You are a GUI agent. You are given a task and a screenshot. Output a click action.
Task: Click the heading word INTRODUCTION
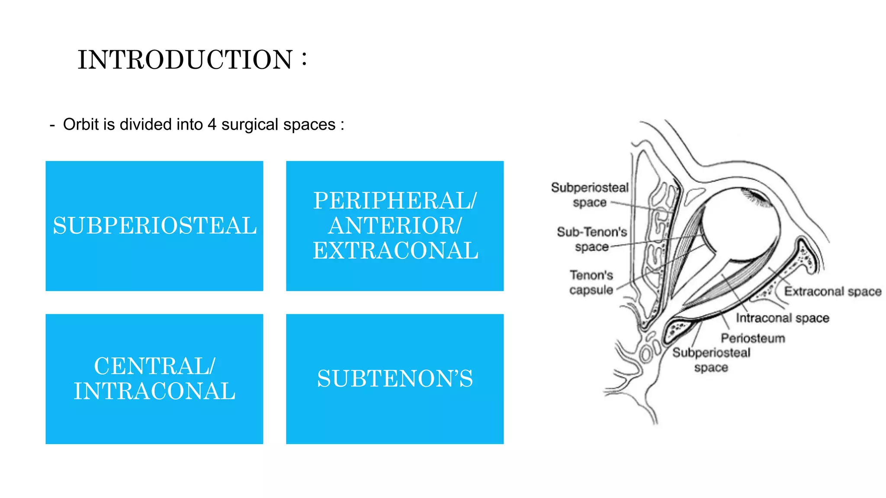coord(185,60)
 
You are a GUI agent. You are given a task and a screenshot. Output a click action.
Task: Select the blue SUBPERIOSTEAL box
coord(154,226)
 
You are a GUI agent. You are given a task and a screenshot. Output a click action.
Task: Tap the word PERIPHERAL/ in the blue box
coord(395,201)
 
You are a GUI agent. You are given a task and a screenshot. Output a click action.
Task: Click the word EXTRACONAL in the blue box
coord(395,251)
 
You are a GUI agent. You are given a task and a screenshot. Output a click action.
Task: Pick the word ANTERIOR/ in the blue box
coord(395,226)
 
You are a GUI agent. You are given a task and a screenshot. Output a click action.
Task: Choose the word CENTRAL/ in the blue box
coord(154,366)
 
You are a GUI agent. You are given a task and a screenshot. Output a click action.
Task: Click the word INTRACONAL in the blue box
coord(154,391)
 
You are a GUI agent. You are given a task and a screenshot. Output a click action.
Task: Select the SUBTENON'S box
coord(395,379)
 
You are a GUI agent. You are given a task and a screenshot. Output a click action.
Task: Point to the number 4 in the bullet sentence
coord(212,124)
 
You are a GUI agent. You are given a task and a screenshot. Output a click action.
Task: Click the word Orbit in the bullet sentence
coord(81,124)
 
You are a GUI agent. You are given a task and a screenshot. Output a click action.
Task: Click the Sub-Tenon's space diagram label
coord(591,239)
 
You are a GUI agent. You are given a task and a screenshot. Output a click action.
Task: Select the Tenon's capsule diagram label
coord(591,282)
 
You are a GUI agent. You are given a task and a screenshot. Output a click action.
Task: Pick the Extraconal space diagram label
coord(833,291)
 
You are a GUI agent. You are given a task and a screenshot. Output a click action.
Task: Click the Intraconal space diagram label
coord(782,318)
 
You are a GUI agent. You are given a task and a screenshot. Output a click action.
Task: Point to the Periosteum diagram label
coord(753,338)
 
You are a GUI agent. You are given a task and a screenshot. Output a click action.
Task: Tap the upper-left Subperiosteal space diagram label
coord(589,195)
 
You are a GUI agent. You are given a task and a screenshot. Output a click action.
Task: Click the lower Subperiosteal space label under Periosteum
coord(711,360)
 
